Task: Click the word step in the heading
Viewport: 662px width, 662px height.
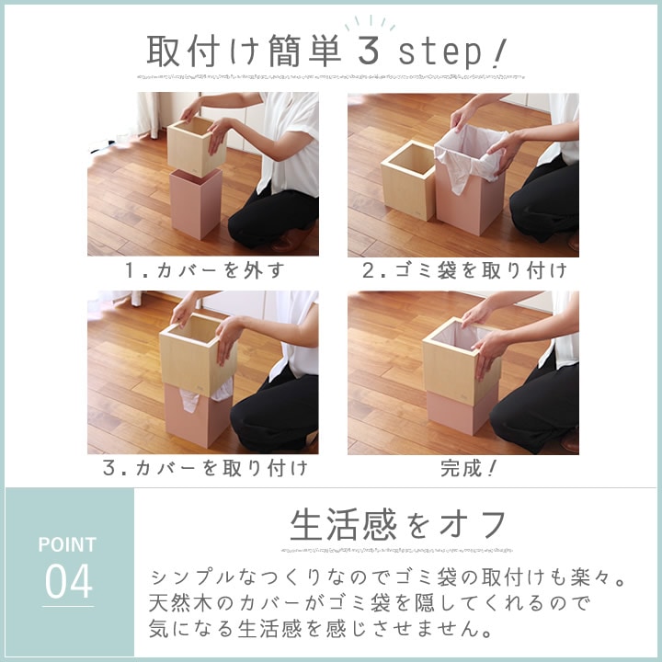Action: [x=440, y=52]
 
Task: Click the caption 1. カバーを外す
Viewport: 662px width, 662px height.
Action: [x=205, y=270]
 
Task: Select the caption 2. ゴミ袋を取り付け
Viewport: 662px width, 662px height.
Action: [x=464, y=270]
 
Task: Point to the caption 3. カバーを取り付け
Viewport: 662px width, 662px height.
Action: [x=205, y=468]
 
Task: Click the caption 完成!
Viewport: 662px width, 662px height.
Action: [x=468, y=468]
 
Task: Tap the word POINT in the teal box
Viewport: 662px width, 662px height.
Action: [x=67, y=544]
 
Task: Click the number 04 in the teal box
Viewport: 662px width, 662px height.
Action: [x=68, y=581]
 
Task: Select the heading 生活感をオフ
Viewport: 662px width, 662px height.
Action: [x=398, y=525]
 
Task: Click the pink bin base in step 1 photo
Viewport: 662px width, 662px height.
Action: [x=196, y=203]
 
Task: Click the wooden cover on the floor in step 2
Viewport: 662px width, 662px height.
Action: [x=408, y=181]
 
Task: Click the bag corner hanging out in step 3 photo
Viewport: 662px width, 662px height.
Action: [x=188, y=400]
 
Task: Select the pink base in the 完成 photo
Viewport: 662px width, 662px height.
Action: [x=461, y=412]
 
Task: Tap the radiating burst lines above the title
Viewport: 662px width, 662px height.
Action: [x=371, y=23]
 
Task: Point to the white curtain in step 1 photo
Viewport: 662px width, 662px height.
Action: [x=146, y=115]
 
